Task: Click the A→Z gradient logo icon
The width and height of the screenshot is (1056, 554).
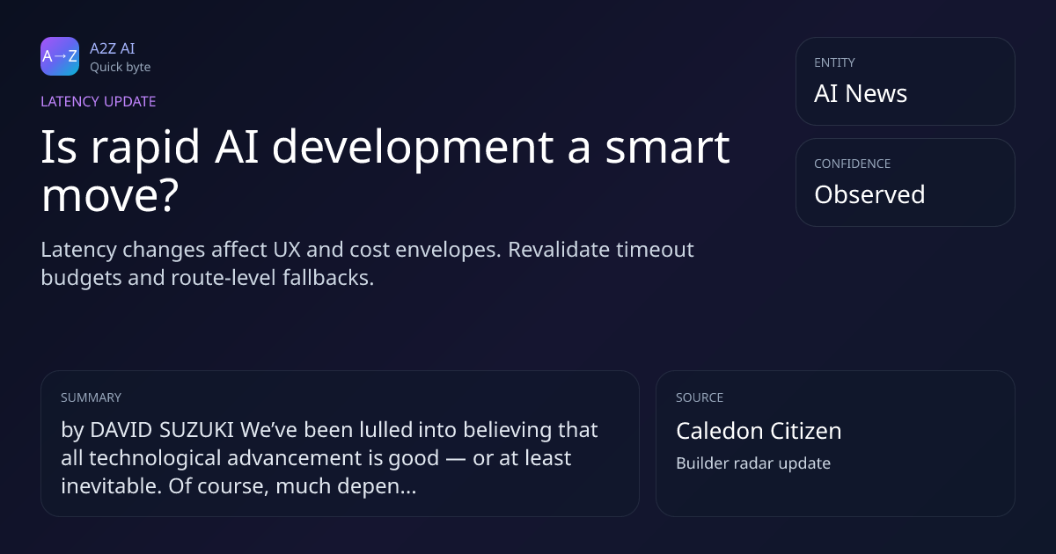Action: pos(60,56)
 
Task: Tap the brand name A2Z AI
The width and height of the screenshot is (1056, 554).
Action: pos(113,48)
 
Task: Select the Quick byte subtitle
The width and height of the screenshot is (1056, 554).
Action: pos(121,68)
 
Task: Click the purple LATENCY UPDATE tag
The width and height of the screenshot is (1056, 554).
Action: pos(98,102)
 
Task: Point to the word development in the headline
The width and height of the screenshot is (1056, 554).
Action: pos(413,148)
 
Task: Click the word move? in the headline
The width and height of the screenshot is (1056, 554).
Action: pos(110,195)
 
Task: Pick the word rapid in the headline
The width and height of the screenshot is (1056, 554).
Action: pos(145,149)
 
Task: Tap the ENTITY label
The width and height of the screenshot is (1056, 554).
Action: pos(834,62)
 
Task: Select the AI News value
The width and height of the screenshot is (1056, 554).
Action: pos(861,93)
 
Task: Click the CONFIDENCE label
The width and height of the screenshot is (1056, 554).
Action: pos(853,164)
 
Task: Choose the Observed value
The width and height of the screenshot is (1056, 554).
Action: pos(869,194)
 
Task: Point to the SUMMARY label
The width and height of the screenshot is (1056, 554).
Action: pos(91,397)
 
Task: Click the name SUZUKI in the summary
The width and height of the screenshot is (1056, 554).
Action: pos(196,430)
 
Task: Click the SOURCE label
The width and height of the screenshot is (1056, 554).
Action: pos(700,397)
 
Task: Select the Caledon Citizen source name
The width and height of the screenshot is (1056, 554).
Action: pos(759,431)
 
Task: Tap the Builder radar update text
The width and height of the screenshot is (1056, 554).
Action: pos(753,463)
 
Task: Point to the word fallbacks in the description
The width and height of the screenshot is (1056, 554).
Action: pos(328,278)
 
